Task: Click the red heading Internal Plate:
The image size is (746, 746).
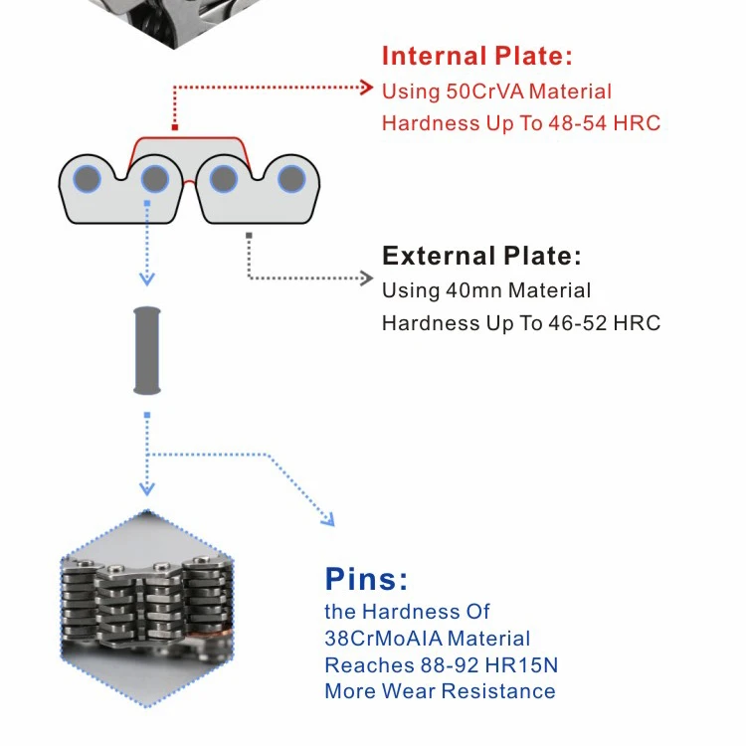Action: pyautogui.click(x=477, y=56)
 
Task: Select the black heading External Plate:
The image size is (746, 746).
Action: pyautogui.click(x=481, y=256)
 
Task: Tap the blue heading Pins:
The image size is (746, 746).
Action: pyautogui.click(x=366, y=579)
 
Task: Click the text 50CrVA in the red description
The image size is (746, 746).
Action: pyautogui.click(x=484, y=92)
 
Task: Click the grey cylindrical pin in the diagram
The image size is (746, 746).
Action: pyautogui.click(x=147, y=349)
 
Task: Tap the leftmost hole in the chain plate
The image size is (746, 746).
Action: pyautogui.click(x=88, y=179)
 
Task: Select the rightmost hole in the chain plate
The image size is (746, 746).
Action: pyautogui.click(x=290, y=179)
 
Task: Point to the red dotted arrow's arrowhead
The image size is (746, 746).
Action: pyautogui.click(x=366, y=88)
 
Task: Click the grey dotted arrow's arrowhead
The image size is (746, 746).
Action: pyautogui.click(x=366, y=279)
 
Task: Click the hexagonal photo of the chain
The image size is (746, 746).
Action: pyautogui.click(x=147, y=609)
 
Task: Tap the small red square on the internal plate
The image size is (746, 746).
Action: pyautogui.click(x=175, y=127)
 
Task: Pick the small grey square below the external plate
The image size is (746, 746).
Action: pyautogui.click(x=248, y=236)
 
